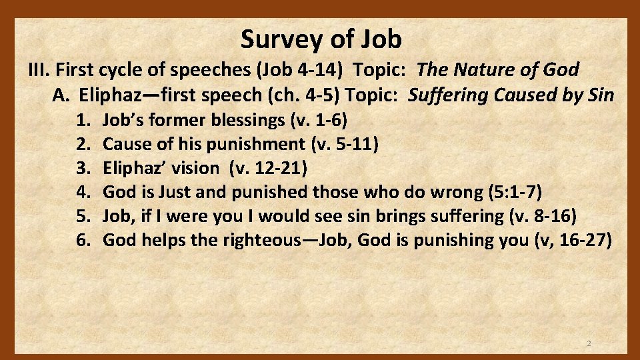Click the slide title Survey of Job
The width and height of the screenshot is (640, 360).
point(321,39)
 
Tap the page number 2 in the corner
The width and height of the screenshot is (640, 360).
point(589,343)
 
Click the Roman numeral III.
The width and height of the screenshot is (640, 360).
point(39,69)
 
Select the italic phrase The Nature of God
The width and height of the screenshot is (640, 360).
point(497,69)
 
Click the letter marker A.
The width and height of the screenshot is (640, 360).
point(61,95)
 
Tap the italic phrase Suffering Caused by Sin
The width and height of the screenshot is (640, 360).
point(511,95)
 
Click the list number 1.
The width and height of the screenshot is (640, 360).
point(83,121)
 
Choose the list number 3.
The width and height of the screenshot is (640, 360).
point(83,168)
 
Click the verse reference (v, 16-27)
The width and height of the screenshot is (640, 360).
point(573,240)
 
